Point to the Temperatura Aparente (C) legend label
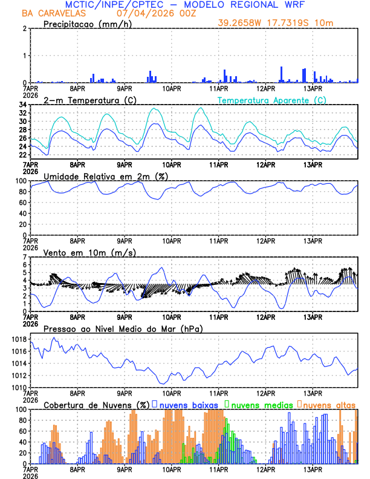(x=271, y=100)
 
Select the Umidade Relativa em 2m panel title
(x=106, y=176)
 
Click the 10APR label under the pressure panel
(x=172, y=393)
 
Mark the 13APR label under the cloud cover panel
(x=313, y=469)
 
